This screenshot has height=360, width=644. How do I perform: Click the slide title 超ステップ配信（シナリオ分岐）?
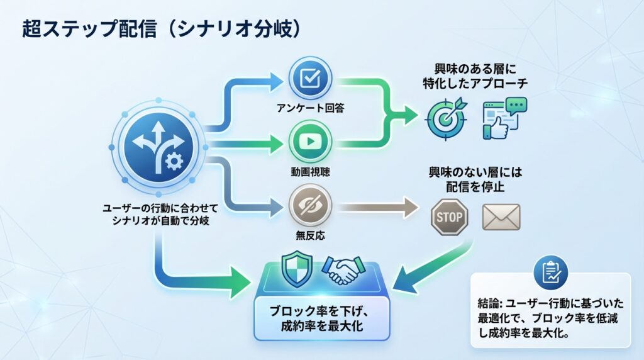click(160, 29)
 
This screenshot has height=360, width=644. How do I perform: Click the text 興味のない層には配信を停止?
click(475, 179)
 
